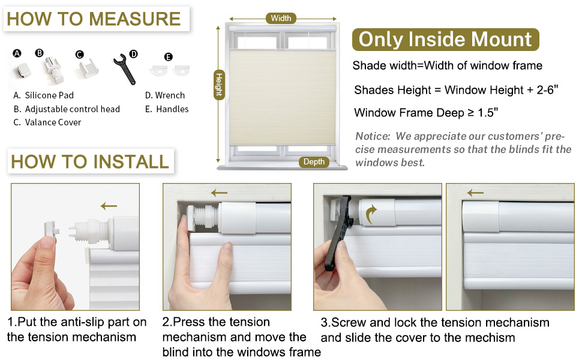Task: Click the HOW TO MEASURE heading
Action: coord(94,19)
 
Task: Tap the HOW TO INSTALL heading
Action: coord(90,161)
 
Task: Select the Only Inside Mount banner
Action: coord(445,40)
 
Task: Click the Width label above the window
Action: coord(281,18)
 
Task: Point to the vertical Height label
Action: coord(219,85)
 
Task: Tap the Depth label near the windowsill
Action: coord(314,161)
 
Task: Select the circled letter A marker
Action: coord(17,53)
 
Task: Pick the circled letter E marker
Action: coord(169,57)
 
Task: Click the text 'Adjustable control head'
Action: coord(72,109)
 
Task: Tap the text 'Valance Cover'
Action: coord(53,122)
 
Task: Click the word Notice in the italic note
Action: coord(371,136)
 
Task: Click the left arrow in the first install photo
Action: coord(109,206)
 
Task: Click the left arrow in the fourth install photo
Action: coord(475,193)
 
